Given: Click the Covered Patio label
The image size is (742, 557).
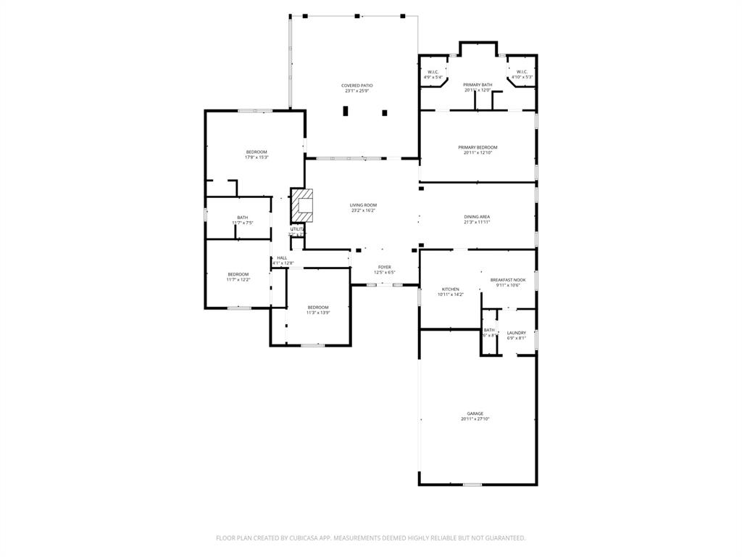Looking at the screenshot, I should point(357,86).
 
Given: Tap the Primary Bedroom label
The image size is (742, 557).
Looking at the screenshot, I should point(478,147).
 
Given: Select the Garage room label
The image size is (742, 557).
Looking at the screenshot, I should point(475,413).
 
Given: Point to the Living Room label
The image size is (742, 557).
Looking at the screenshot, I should point(363,205).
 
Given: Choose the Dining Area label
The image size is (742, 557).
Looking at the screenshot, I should point(477,217).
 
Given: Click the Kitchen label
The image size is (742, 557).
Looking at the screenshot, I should point(450,289).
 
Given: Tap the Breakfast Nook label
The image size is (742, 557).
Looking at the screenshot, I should point(508,279).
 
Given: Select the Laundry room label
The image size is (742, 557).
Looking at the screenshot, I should point(516,333).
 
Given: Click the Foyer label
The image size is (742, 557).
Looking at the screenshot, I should point(384,267).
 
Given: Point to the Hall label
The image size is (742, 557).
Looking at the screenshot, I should point(282,257).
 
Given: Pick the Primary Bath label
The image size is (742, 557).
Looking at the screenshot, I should point(478,85).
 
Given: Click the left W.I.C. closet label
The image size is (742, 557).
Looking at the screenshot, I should point(433,72).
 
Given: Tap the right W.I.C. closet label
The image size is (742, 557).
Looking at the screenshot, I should point(522,72).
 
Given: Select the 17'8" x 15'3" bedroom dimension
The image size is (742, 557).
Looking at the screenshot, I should point(256,157).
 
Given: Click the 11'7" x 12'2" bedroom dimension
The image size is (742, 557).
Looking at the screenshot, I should point(238,280).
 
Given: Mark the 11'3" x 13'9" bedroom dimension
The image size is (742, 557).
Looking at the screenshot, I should point(317,313).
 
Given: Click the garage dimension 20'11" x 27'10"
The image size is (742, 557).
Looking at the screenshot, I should point(475,419).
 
